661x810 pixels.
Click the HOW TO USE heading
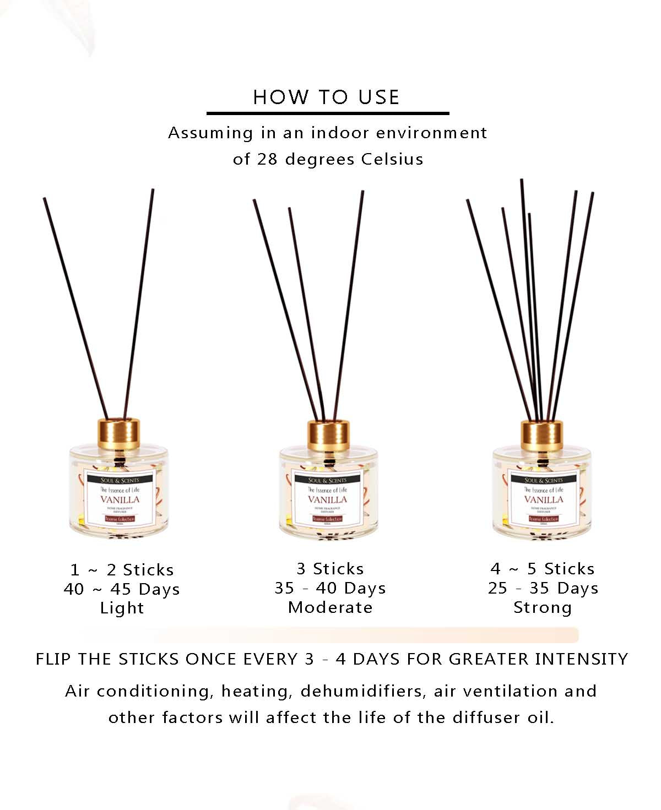tap(326, 97)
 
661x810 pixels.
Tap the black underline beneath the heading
tap(328, 113)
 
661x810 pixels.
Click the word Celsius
tap(392, 159)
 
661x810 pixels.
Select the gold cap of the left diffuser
tap(118, 433)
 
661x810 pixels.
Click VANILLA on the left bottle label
tap(120, 499)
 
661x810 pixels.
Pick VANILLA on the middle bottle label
tap(328, 499)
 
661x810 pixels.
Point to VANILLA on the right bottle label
tap(544, 499)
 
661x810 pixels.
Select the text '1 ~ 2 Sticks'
tap(122, 570)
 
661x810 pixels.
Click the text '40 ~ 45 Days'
tap(122, 589)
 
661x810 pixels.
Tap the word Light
tap(122, 608)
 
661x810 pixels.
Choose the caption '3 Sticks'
tap(330, 569)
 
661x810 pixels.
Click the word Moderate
tap(330, 607)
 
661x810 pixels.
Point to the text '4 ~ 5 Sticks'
tap(543, 569)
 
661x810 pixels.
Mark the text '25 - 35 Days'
tap(543, 588)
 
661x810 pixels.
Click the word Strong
tap(543, 607)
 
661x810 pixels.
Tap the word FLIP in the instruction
tap(54, 659)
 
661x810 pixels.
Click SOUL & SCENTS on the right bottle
tap(544, 480)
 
